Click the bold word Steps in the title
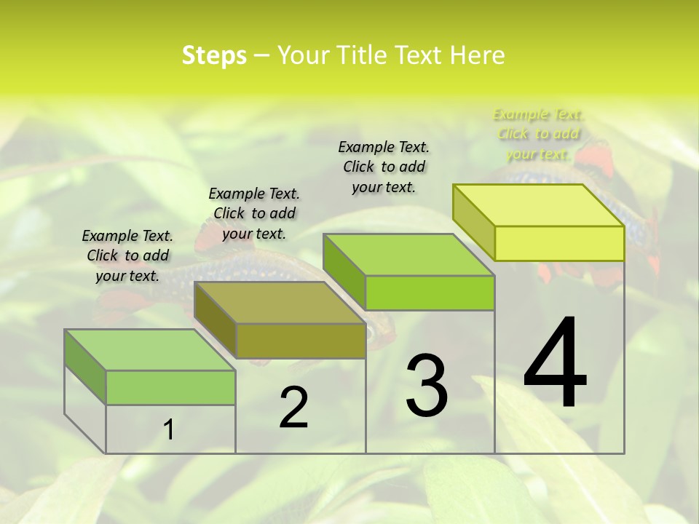[214, 55]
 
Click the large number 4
[555, 363]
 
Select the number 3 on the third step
[427, 385]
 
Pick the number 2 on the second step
[293, 408]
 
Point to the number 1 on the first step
[169, 429]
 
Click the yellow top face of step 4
[539, 205]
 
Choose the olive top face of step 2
[280, 303]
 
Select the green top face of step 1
[150, 350]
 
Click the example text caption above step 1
[127, 255]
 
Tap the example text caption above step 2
[254, 213]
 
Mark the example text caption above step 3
[384, 167]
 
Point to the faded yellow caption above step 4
[539, 134]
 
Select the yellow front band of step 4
[559, 243]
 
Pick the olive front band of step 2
[301, 341]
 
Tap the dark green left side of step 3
[344, 271]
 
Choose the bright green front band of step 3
[430, 293]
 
